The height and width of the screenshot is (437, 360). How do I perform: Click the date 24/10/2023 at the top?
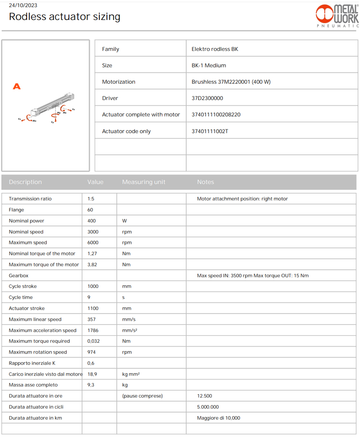click(23, 5)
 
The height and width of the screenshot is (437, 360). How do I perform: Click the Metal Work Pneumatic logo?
click(337, 16)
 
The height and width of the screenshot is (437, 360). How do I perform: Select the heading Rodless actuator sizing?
click(65, 17)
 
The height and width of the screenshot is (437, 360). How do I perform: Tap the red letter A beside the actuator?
click(16, 87)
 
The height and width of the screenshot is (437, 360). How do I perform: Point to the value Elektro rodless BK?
click(215, 49)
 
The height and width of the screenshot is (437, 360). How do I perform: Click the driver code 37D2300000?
click(207, 98)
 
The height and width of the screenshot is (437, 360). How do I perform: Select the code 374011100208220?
click(216, 115)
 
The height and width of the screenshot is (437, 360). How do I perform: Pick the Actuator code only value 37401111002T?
click(210, 131)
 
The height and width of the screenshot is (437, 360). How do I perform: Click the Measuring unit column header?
click(143, 182)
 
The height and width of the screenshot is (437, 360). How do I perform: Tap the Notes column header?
click(205, 182)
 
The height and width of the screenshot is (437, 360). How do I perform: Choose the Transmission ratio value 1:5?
click(91, 199)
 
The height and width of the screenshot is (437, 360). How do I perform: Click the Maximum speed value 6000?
click(93, 242)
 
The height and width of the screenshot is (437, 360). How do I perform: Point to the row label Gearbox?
click(19, 275)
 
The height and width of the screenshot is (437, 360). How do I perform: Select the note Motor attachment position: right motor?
click(242, 199)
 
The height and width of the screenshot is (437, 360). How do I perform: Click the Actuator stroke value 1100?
click(93, 308)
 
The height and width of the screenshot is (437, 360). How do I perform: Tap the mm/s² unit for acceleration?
click(130, 330)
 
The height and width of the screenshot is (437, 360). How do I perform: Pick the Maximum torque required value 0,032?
click(94, 341)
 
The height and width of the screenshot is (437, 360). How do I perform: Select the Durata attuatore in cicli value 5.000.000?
click(208, 407)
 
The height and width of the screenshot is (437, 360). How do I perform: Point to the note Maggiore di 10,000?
click(219, 418)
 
